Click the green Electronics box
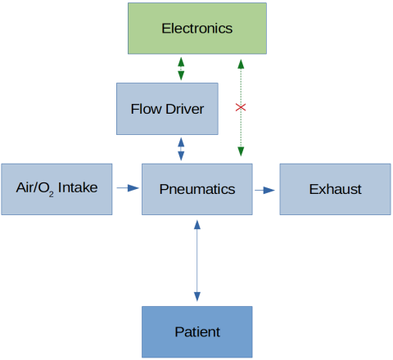(x=196, y=29)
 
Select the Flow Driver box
(x=167, y=109)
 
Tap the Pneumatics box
(x=196, y=189)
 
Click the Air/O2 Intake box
(x=56, y=189)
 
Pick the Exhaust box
(x=335, y=189)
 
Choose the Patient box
(x=196, y=331)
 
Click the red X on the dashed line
(x=241, y=108)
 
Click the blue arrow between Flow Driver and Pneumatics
(x=181, y=149)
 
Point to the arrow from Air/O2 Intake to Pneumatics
(x=127, y=189)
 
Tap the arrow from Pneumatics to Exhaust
(x=264, y=190)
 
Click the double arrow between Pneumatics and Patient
(x=196, y=260)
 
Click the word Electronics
(x=196, y=29)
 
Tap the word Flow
(x=145, y=109)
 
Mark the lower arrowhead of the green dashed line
(x=241, y=152)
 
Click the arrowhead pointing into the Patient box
(x=196, y=299)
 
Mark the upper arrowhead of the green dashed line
(x=241, y=63)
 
